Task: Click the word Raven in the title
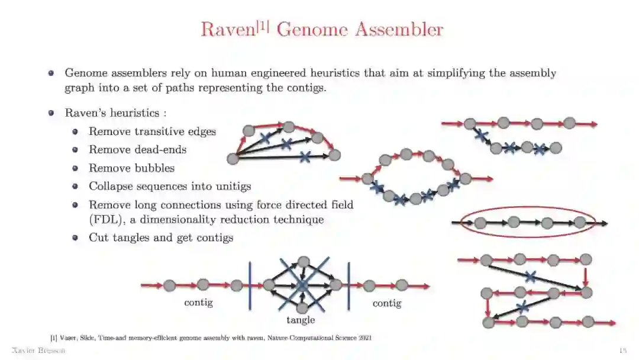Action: [227, 30]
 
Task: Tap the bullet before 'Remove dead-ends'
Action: [75, 150]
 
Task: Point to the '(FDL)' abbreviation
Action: [104, 220]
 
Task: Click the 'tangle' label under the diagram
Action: [301, 320]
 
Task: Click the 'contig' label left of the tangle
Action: [198, 303]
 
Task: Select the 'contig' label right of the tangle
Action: [386, 303]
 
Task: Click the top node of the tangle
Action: [304, 262]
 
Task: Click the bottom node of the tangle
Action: [302, 308]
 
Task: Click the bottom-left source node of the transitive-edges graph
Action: [233, 158]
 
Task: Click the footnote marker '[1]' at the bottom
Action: [54, 337]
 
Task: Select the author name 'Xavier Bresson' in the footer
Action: [38, 351]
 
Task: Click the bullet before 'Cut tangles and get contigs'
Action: [75, 238]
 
